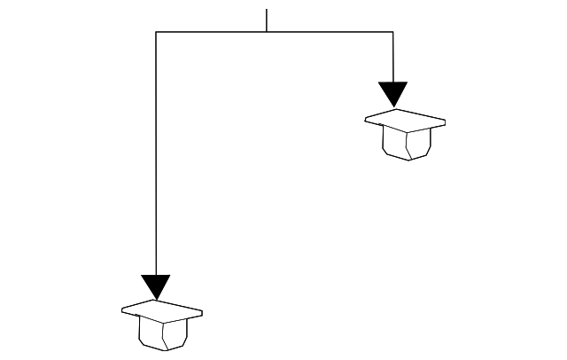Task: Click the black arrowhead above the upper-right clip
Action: [x=392, y=92]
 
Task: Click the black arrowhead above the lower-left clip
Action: [x=155, y=286]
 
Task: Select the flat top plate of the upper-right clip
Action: [x=404, y=120]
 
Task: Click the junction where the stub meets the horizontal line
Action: [x=267, y=32]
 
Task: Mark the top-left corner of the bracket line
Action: [x=156, y=32]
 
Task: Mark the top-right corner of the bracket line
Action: [x=392, y=32]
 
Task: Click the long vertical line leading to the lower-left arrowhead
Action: [x=156, y=160]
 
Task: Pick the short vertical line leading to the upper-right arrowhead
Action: [x=392, y=57]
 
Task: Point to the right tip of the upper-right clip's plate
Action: [x=445, y=122]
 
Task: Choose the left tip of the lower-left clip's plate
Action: [x=122, y=309]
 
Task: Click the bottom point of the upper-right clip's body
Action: [x=408, y=160]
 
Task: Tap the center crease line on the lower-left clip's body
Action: [x=165, y=334]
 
